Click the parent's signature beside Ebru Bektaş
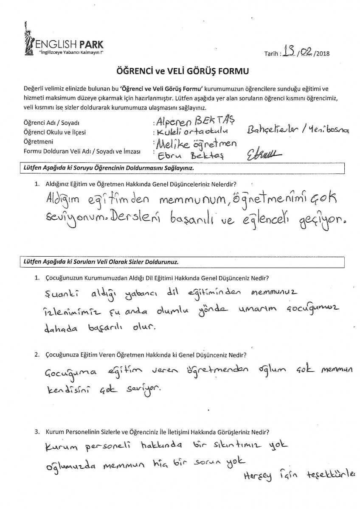tap(262, 154)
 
